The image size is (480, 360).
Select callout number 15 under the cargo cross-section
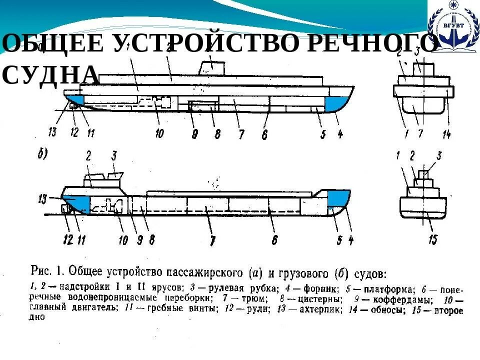433,239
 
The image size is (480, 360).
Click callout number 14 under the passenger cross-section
446,133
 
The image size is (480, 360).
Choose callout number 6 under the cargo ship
274,240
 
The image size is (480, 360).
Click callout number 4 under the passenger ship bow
340,133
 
